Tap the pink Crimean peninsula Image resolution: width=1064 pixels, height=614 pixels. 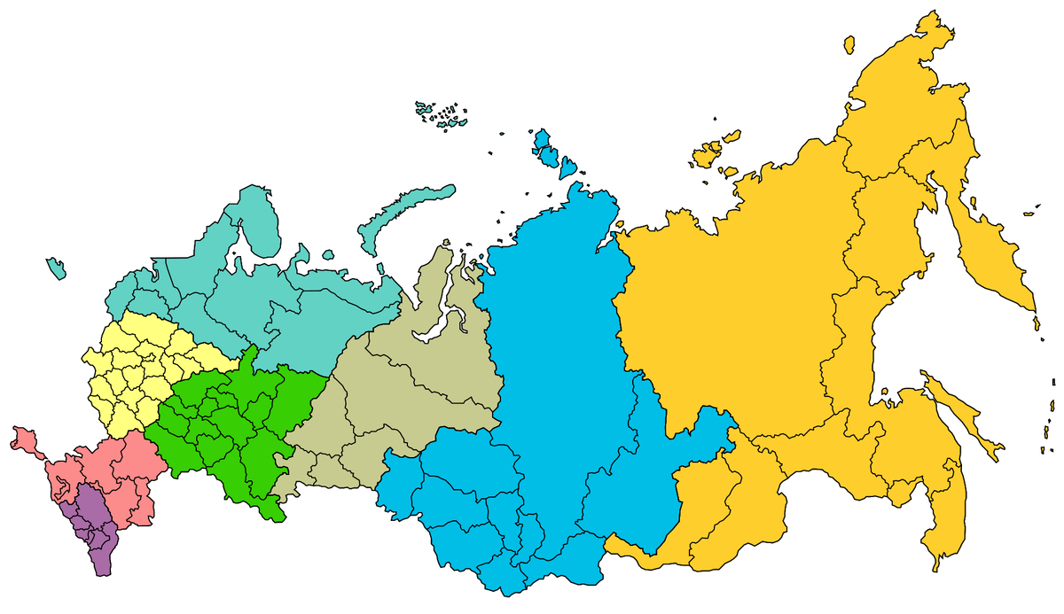pos(25,440)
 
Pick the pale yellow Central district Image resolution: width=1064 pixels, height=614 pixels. pos(133,372)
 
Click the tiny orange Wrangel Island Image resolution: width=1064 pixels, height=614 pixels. pos(849,42)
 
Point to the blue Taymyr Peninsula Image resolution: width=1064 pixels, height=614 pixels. pos(567,222)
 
